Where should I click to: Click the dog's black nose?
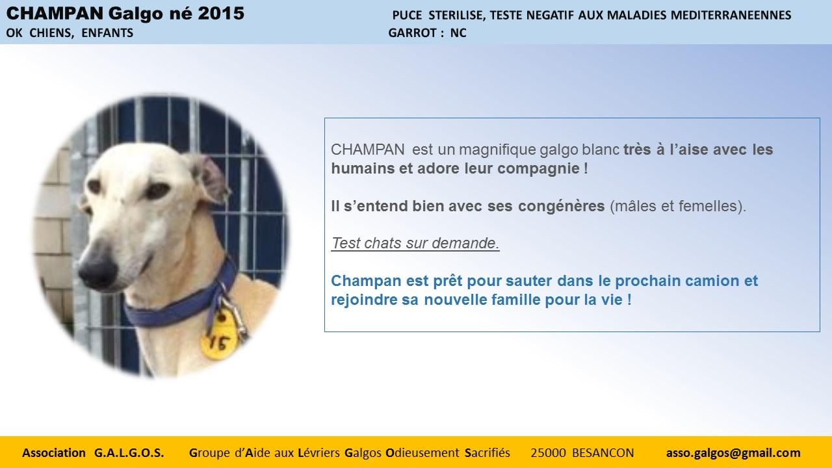pos(98,269)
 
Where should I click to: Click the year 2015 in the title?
pos(221,14)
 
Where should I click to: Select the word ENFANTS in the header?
pos(107,33)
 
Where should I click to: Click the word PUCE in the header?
pos(407,15)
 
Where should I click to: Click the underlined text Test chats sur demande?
pos(415,243)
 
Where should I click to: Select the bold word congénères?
pos(561,206)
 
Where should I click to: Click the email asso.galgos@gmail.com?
pos(733,453)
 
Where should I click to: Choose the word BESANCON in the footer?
pos(603,453)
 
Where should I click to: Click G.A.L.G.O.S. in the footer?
pos(129,453)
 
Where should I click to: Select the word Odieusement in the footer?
pos(422,453)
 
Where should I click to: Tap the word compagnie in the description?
pos(538,169)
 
